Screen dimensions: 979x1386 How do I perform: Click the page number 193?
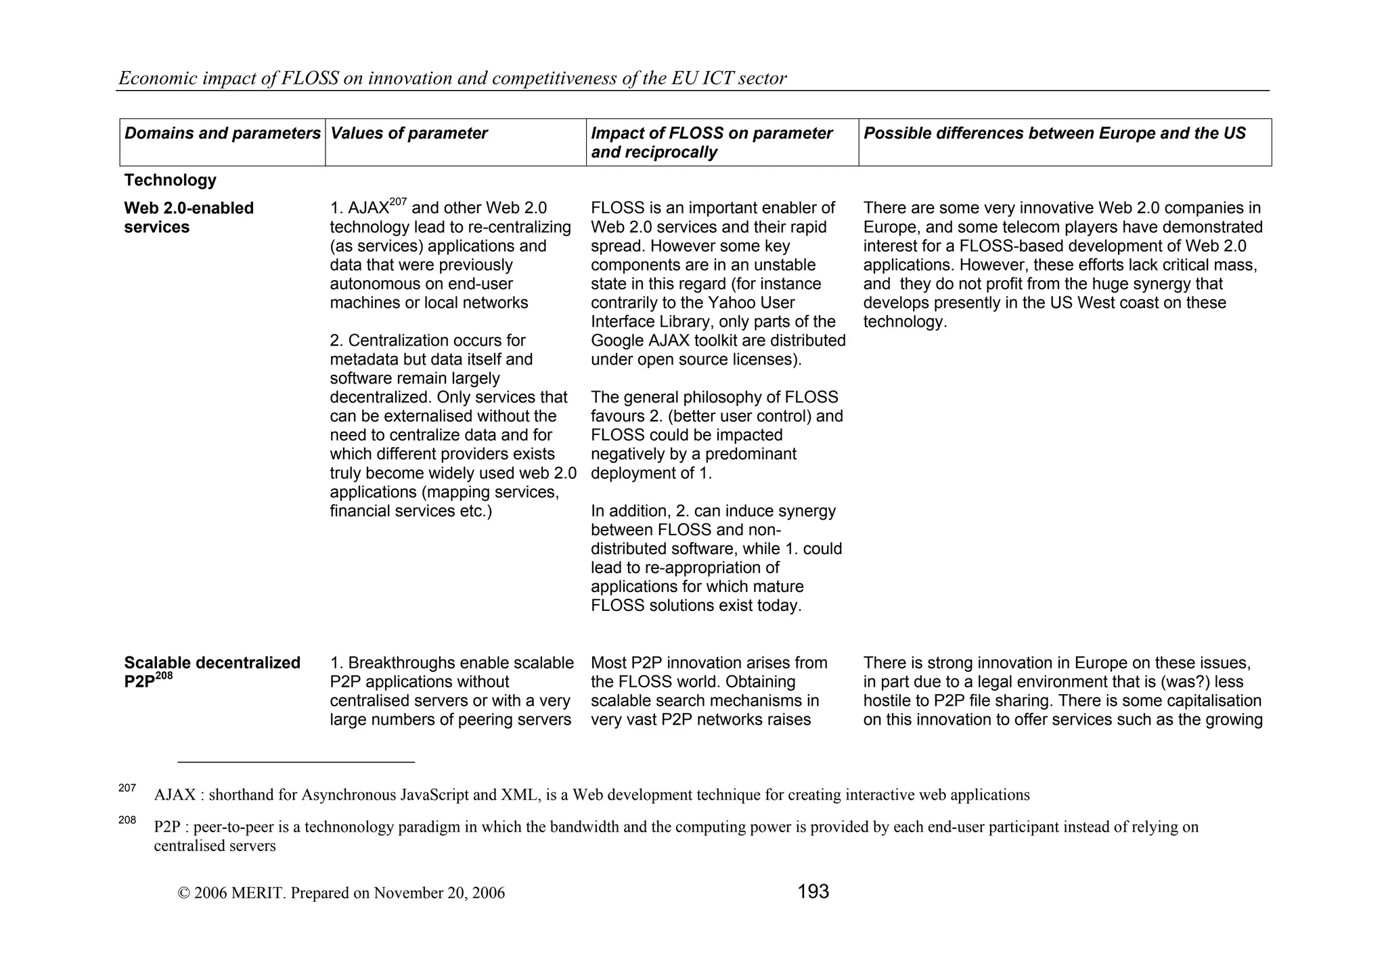point(813,892)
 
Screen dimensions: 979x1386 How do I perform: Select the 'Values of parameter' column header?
point(409,133)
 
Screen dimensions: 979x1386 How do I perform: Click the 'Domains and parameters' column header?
point(222,133)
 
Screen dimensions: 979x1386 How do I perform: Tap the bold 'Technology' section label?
point(170,180)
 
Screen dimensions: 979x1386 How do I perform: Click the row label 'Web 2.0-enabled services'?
point(189,217)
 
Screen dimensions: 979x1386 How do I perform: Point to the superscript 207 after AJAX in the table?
point(398,202)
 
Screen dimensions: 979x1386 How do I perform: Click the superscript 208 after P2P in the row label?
point(164,676)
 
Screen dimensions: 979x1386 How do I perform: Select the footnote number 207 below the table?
point(127,788)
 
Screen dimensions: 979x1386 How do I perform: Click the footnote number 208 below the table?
point(127,820)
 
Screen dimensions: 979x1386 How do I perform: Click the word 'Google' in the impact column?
point(617,341)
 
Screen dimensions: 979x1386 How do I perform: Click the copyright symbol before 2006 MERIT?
point(183,893)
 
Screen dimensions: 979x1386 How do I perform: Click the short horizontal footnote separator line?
point(296,762)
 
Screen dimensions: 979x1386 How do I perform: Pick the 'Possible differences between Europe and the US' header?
point(1054,133)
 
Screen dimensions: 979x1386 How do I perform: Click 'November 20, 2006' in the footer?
point(439,893)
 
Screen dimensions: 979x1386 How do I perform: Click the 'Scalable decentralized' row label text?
point(212,663)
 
